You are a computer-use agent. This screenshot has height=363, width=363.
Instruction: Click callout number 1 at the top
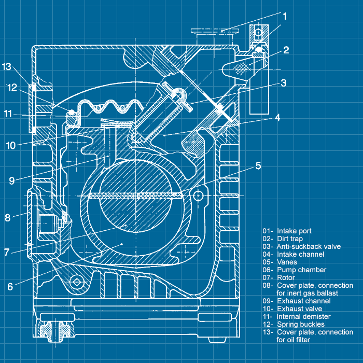coord(285,16)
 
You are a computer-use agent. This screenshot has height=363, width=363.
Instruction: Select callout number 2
coord(286,50)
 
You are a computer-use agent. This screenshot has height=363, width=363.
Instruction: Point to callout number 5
coord(258,166)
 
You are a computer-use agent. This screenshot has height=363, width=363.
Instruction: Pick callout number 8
coord(7,218)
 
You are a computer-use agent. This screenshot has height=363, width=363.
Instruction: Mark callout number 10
coord(11,145)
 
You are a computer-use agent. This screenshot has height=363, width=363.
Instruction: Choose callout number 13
coord(6,66)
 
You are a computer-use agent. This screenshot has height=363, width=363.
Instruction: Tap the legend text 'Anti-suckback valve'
coord(309,246)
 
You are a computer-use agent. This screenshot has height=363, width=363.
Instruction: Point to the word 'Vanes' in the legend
coord(287,262)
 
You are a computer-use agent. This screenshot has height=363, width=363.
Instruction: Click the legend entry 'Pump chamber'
coord(301,270)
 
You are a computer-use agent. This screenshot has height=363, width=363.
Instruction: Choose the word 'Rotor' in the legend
coord(286,277)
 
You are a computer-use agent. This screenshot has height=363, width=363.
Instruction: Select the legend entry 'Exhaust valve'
coord(300,309)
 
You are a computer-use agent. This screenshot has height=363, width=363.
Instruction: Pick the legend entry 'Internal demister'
coord(303,316)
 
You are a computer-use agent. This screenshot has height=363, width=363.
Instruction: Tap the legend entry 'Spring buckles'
coord(300,324)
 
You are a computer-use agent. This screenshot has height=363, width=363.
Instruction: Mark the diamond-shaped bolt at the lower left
coord(77,281)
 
